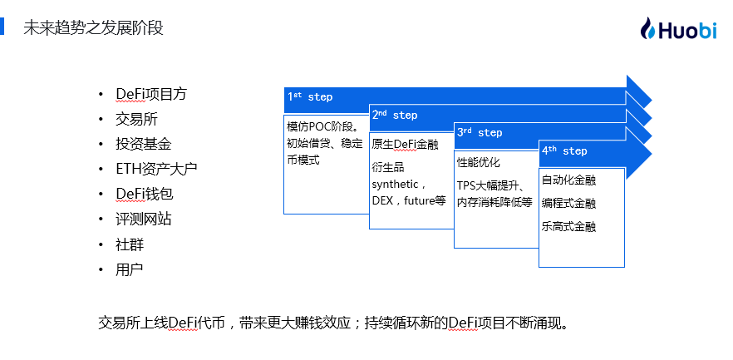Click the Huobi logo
coord(678,29)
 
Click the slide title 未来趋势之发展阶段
coord(93,27)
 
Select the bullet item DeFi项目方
coord(151,94)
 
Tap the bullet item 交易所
coord(136,119)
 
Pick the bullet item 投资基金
coord(144,144)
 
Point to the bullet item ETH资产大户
coord(156,169)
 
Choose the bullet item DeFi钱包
coord(145,194)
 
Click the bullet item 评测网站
coord(144,219)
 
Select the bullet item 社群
coord(130,244)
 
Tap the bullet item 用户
coord(130,269)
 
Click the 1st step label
coord(310,96)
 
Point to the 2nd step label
coord(395,115)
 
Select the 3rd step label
coord(480,133)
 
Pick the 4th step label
coord(564,151)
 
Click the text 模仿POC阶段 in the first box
coord(319,126)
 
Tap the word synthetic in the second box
coord(395,185)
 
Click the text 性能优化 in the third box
coord(478,162)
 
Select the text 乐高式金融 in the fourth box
coord(569,227)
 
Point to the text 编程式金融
coord(569,204)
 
